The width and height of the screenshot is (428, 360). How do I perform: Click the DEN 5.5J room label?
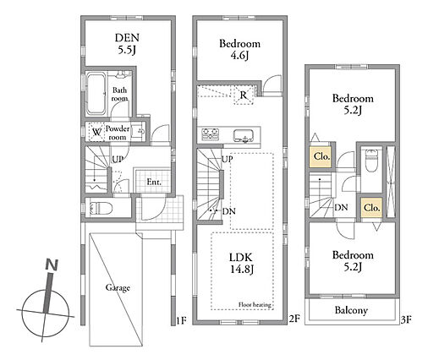click(x=127, y=44)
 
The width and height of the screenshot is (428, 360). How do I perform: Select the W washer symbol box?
click(x=96, y=132)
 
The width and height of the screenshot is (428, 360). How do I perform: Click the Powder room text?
click(x=118, y=133)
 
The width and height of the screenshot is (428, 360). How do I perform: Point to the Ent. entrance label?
click(x=154, y=182)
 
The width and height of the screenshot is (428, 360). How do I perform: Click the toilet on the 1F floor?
click(x=101, y=209)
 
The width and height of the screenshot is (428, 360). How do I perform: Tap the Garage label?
click(x=118, y=287)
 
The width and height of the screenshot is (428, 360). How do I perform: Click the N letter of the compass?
click(x=52, y=265)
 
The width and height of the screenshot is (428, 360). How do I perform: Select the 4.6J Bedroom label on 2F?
click(x=239, y=50)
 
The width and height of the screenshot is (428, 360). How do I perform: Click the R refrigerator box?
click(x=243, y=95)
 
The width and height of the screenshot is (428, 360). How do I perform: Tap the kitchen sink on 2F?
click(x=243, y=136)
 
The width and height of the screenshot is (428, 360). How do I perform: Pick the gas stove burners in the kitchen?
click(x=210, y=134)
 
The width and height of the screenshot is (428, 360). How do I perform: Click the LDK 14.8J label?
click(x=242, y=263)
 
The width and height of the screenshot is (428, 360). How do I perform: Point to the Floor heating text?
click(x=255, y=304)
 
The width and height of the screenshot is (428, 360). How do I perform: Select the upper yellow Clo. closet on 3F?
click(x=321, y=156)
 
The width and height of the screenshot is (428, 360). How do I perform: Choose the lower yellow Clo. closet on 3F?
click(x=372, y=208)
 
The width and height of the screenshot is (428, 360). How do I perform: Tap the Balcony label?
click(x=351, y=310)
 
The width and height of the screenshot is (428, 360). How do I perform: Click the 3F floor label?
click(x=406, y=319)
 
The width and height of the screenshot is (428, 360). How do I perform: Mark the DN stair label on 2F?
click(x=228, y=211)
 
